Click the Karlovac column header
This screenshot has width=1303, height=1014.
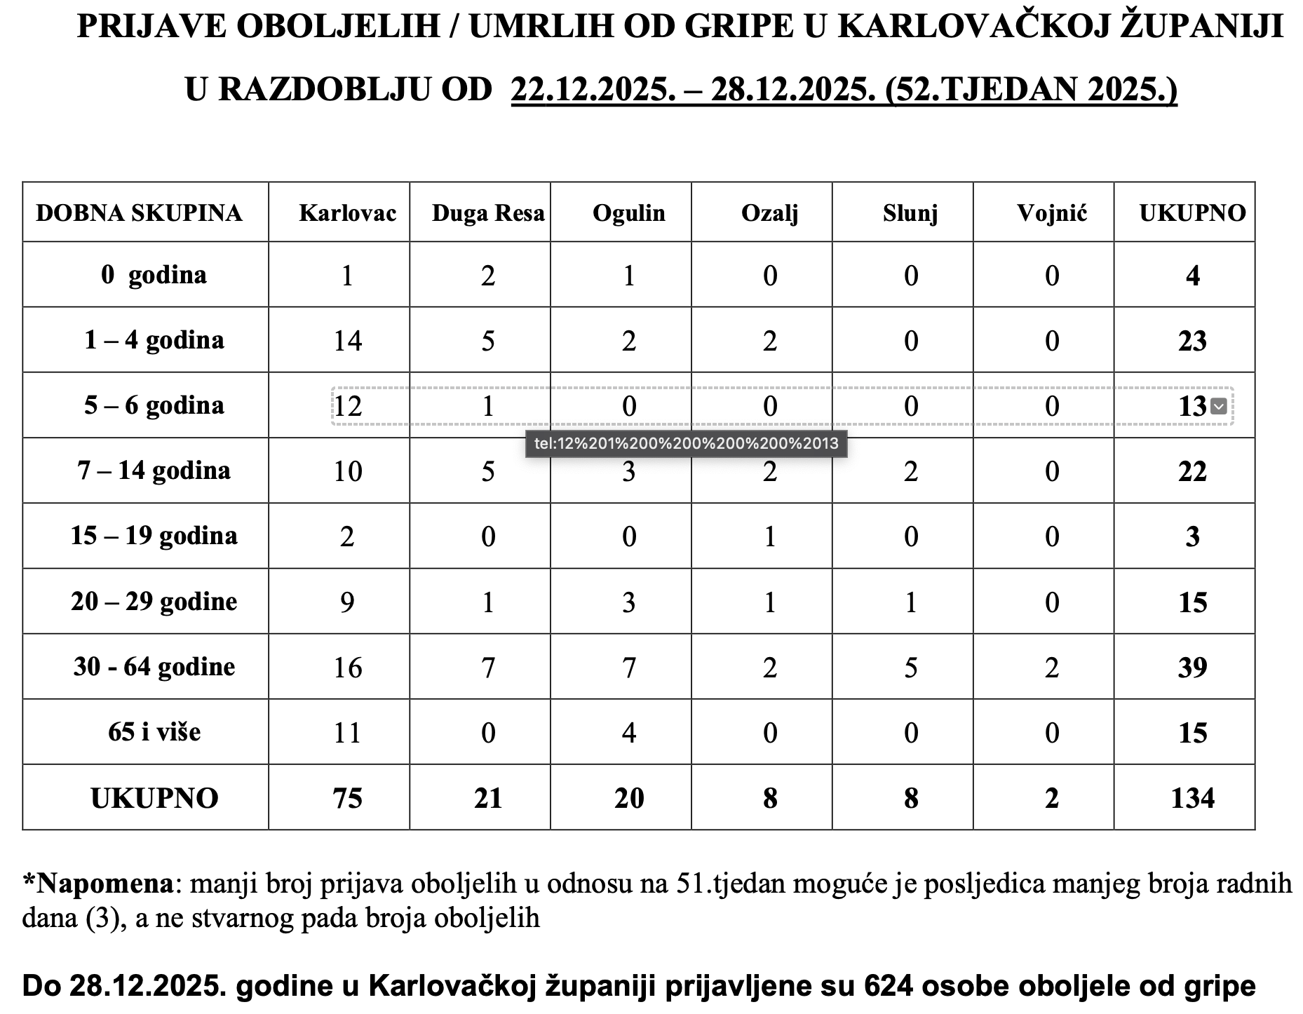[x=347, y=213]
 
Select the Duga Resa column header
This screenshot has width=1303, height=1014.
[x=487, y=213]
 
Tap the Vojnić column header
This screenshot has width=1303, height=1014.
[x=1051, y=213]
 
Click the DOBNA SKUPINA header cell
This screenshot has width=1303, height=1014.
[x=139, y=213]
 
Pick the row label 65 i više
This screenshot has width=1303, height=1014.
[x=154, y=732]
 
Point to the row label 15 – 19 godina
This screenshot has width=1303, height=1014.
[x=154, y=536]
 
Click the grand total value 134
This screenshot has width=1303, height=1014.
[x=1192, y=798]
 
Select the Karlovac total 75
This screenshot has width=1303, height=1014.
[x=347, y=798]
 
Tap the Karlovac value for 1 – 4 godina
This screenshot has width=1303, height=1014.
[x=347, y=341]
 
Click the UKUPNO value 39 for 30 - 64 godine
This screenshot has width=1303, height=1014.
[x=1192, y=667]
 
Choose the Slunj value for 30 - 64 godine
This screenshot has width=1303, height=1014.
[x=910, y=667]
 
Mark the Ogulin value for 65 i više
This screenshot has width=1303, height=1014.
[x=628, y=733]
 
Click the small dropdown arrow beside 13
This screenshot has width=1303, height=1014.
[x=1219, y=406]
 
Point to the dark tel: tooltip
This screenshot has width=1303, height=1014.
[x=686, y=444]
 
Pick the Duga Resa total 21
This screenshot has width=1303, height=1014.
[x=487, y=798]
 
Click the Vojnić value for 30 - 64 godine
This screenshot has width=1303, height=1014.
[x=1051, y=667]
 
